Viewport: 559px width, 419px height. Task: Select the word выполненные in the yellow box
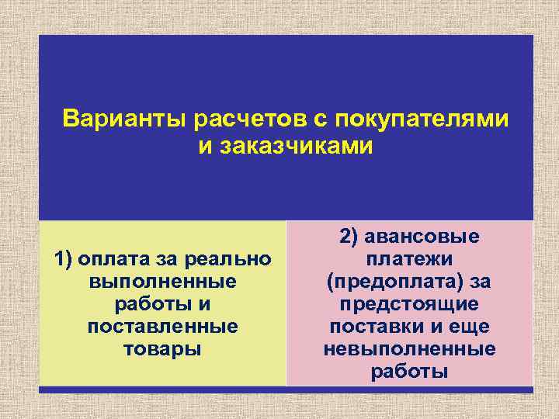pyautogui.click(x=162, y=281)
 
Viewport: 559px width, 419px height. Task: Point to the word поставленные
pyautogui.click(x=162, y=326)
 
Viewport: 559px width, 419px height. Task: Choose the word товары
pyautogui.click(x=162, y=348)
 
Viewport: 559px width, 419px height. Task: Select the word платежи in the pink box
pyautogui.click(x=409, y=258)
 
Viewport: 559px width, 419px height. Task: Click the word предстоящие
pyautogui.click(x=409, y=303)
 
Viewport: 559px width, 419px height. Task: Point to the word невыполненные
pyautogui.click(x=409, y=348)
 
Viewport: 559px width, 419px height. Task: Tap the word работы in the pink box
pyautogui.click(x=409, y=371)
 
